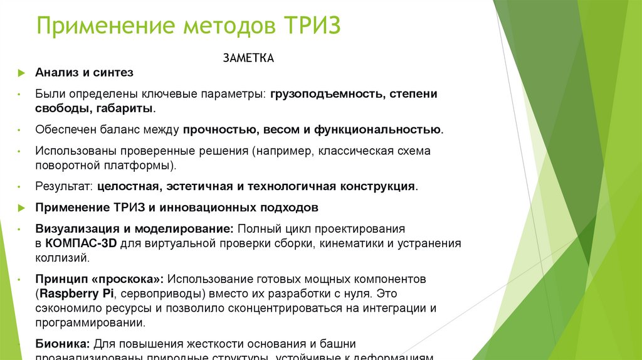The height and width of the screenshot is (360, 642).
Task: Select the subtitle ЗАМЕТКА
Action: click(x=249, y=58)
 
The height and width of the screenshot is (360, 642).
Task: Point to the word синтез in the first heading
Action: click(x=113, y=73)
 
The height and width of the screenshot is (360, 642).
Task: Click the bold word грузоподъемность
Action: click(x=327, y=94)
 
